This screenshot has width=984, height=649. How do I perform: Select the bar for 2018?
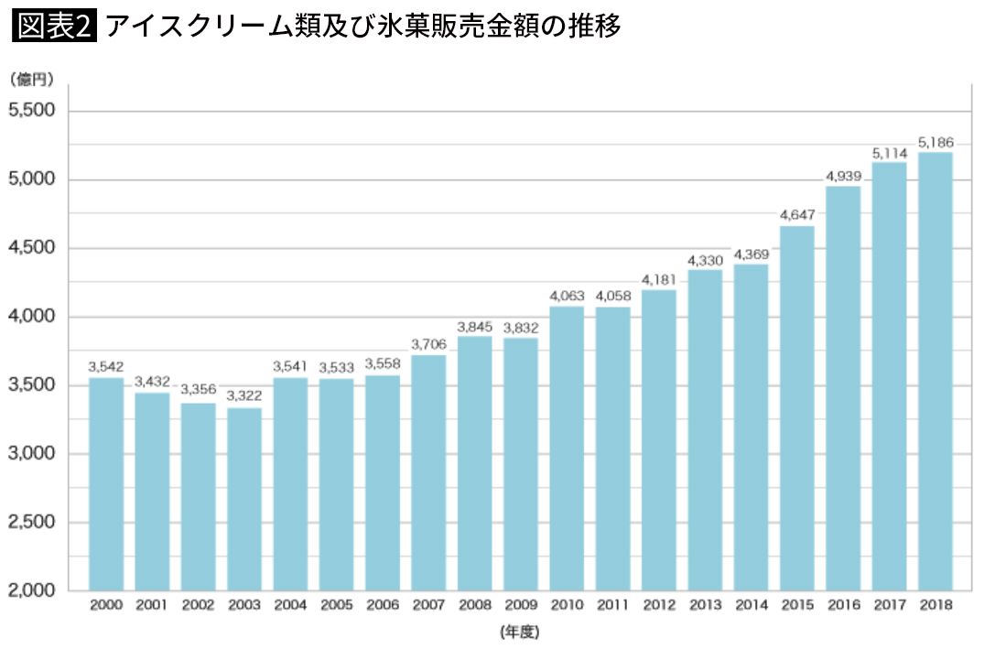(935, 371)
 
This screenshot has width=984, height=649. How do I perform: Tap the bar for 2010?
(567, 449)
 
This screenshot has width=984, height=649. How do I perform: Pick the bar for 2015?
(796, 407)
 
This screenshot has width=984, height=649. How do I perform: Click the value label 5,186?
(935, 143)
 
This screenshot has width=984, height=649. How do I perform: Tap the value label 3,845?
(474, 327)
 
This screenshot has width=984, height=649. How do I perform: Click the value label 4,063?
(567, 297)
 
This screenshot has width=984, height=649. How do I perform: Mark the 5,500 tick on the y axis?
(31, 111)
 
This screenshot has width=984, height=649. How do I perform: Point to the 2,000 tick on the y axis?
(31, 591)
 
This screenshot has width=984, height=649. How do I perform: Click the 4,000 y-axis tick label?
(31, 317)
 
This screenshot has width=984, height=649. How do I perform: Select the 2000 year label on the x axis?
(106, 605)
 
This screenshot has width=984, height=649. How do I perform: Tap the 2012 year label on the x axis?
(658, 605)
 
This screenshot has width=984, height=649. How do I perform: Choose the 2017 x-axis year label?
(889, 605)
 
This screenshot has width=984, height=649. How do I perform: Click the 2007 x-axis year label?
(428, 605)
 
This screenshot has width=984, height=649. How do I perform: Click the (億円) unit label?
(32, 81)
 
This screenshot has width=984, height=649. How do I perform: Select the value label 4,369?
(751, 254)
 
